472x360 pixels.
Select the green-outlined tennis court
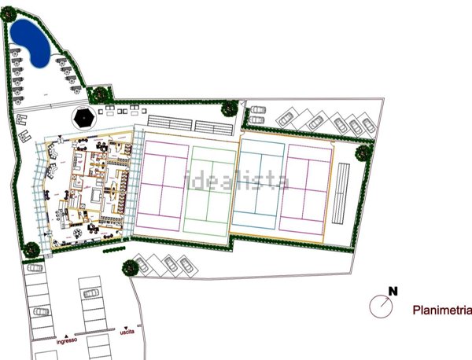210,189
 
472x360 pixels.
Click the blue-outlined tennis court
260,187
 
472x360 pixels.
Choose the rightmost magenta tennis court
307,187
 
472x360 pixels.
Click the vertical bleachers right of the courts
342,193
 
